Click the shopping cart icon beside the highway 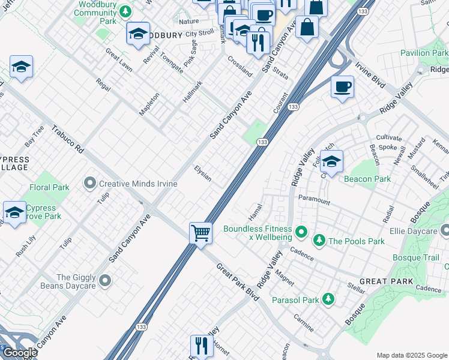(x=200, y=232)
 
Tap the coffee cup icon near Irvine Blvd (x=342, y=87)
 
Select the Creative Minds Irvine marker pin (x=90, y=182)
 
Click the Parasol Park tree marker (x=328, y=298)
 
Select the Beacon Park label (x=367, y=179)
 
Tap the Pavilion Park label (x=423, y=53)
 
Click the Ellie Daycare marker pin (x=445, y=230)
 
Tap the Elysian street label (x=202, y=173)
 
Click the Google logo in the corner (x=19, y=353)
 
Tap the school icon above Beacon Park (x=331, y=161)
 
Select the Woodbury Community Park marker (x=125, y=11)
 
